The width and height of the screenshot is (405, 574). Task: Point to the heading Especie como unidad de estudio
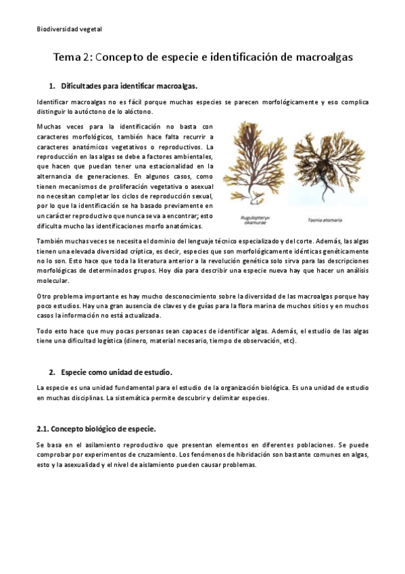[x=116, y=372]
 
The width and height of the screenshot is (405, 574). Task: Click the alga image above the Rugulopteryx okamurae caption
[x=256, y=166]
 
